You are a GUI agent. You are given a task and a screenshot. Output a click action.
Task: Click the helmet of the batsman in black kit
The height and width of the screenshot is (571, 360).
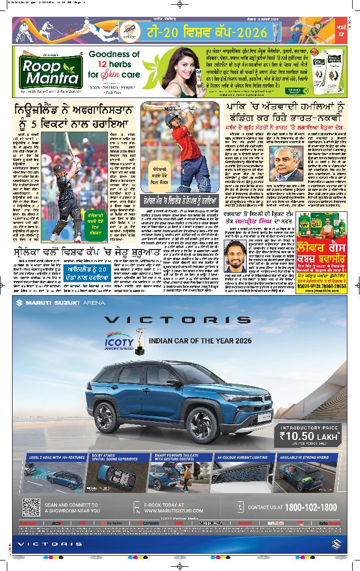[x=59, y=169]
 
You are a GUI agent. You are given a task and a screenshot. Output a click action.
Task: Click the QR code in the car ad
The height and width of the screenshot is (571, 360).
[x=31, y=507]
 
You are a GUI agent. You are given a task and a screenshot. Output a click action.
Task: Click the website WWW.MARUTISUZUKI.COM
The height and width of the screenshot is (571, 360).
[x=173, y=510]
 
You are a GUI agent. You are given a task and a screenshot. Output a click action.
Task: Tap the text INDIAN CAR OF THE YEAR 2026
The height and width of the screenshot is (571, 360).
[x=200, y=341]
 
